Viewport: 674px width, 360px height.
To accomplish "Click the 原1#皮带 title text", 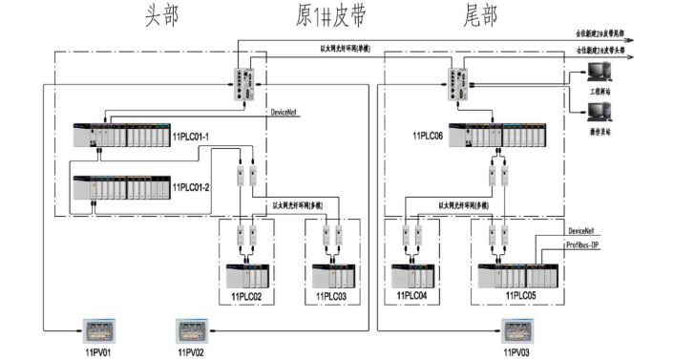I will [331, 15].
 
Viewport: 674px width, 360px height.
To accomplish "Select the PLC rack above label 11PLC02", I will [251, 275].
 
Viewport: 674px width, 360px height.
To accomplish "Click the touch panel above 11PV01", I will [99, 331].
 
